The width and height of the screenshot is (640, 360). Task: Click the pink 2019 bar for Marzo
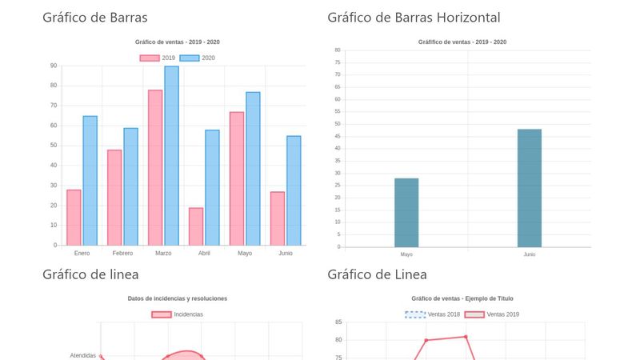pos(155,168)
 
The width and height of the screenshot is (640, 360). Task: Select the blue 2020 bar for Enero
pos(90,181)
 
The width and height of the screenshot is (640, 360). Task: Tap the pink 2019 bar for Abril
pos(196,226)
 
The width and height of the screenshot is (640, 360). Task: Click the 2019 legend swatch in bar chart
pos(149,58)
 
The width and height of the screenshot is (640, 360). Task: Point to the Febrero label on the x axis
pos(122,254)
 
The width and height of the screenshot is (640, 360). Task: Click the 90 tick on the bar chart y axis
pos(53,66)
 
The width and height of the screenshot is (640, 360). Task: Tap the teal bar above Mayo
pos(406,212)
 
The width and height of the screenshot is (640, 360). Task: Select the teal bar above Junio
pos(530,188)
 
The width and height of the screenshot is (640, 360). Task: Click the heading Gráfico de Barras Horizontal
pos(414,18)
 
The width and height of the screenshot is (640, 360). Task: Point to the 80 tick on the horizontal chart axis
pos(338,50)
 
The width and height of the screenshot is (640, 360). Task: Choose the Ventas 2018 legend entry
pos(433,314)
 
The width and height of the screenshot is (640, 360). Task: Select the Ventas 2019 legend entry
pos(492,314)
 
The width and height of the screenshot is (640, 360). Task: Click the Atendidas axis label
pos(82,355)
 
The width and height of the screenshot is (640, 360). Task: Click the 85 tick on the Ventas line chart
pos(338,322)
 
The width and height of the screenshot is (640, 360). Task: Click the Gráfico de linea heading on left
pos(90,274)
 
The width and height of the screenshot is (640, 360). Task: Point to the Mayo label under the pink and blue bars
pos(245,254)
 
